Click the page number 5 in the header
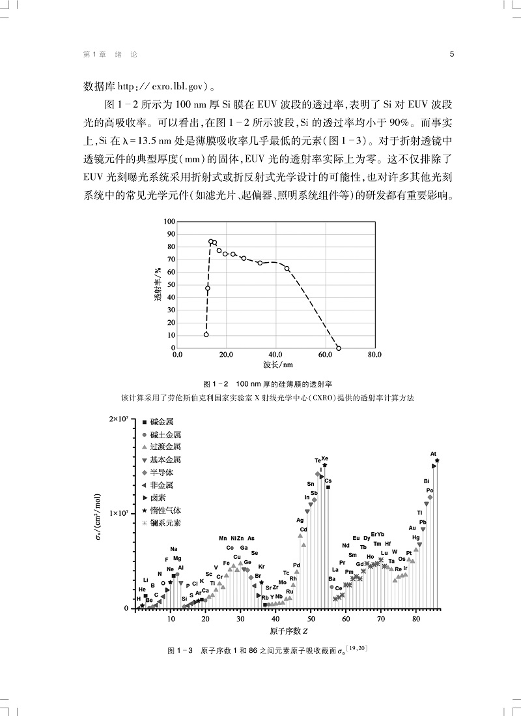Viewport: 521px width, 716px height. pyautogui.click(x=451, y=55)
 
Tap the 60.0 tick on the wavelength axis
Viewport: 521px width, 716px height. pyautogui.click(x=325, y=355)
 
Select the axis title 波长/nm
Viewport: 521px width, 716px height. pyautogui.click(x=277, y=365)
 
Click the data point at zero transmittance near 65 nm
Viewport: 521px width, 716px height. pyautogui.click(x=339, y=348)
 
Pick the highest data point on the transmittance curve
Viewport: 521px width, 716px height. pyautogui.click(x=210, y=241)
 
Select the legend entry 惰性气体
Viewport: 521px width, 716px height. pyautogui.click(x=164, y=510)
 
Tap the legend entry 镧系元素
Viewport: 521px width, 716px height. pyautogui.click(x=164, y=523)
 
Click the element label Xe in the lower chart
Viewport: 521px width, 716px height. pyautogui.click(x=325, y=458)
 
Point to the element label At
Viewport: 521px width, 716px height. pyautogui.click(x=433, y=454)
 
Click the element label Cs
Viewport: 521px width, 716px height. pyautogui.click(x=328, y=481)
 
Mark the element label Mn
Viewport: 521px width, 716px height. pyautogui.click(x=223, y=538)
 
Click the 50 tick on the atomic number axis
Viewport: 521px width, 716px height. pyautogui.click(x=311, y=618)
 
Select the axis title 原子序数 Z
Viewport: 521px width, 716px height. pyautogui.click(x=289, y=631)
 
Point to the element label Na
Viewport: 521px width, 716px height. pyautogui.click(x=174, y=549)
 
